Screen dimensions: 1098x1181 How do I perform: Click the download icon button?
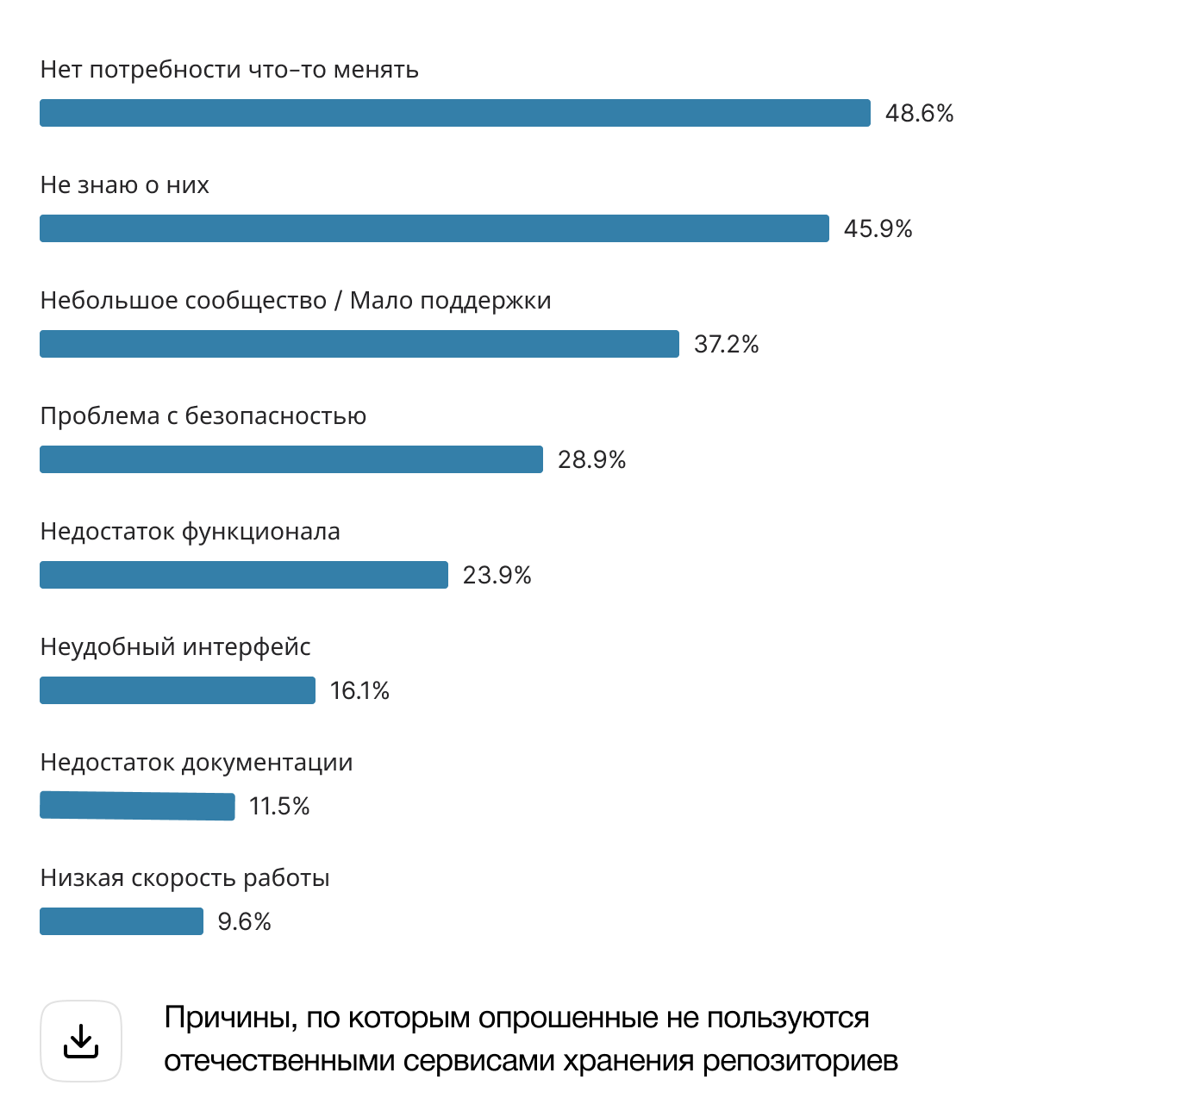tap(81, 1041)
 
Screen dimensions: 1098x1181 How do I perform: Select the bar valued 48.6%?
tap(454, 113)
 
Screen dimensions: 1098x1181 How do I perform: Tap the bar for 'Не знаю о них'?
tap(434, 228)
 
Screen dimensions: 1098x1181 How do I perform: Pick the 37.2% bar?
tap(359, 344)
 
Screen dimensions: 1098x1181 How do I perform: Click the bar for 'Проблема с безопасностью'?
tap(291, 459)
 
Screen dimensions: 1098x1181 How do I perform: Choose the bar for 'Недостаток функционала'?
tap(243, 575)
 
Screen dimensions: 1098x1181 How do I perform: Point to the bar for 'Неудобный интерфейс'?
tap(177, 690)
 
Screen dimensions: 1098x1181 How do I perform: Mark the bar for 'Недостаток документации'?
tap(137, 806)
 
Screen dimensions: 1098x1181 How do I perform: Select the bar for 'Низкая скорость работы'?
tap(121, 921)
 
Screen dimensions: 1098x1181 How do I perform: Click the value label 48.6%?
tap(919, 113)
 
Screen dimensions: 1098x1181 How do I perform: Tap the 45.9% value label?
tap(878, 228)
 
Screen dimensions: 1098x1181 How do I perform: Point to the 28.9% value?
tap(591, 459)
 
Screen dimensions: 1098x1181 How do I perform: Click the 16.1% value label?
tap(359, 690)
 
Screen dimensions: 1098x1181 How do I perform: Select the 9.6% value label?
tap(244, 921)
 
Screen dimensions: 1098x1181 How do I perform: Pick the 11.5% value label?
tap(278, 806)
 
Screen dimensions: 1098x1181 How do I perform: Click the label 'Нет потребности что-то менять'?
tap(229, 70)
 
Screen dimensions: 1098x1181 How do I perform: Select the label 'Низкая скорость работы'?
tap(184, 878)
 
